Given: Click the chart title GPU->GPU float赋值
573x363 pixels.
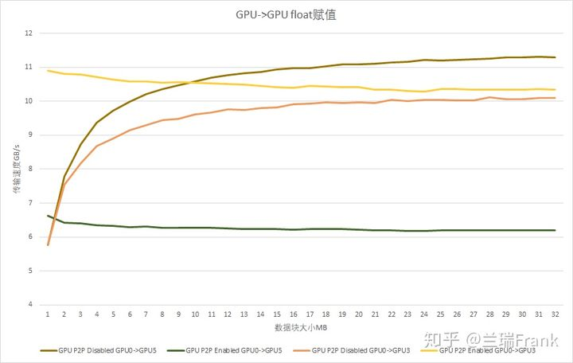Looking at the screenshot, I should click(286, 14).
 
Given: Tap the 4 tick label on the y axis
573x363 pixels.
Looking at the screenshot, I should click(29, 305).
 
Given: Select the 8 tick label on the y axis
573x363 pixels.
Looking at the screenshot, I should click(29, 169).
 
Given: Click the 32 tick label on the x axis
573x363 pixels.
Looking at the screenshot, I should click(555, 314).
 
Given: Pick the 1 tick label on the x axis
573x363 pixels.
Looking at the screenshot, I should click(48, 314).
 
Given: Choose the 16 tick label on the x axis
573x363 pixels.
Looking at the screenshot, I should click(293, 314).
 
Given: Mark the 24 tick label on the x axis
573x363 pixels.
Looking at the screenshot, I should click(424, 314).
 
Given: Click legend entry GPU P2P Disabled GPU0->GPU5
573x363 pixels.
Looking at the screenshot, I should click(104, 350).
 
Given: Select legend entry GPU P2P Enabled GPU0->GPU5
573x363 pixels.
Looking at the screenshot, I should click(231, 350).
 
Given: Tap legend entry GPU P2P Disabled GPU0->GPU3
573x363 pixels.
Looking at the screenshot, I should click(359, 350).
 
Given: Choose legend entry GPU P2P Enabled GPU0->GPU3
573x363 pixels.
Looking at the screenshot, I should click(485, 350).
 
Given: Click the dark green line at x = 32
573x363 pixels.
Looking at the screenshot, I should click(555, 230).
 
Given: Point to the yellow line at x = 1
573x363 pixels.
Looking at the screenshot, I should click(48, 71).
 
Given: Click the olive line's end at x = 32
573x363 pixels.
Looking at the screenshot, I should click(555, 57).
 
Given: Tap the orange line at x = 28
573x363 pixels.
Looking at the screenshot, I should click(489, 97).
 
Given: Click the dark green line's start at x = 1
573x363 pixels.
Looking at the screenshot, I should click(48, 216).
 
